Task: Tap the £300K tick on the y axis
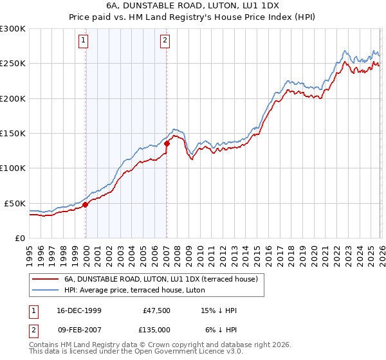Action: point(13,29)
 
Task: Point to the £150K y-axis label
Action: point(13,134)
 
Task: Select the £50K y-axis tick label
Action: point(15,203)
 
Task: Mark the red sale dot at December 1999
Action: point(85,205)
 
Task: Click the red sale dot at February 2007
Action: point(167,144)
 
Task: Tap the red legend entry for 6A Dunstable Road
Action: point(161,279)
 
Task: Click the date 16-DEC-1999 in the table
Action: point(75,310)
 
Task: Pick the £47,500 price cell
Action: point(156,310)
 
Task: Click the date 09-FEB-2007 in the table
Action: point(75,330)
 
